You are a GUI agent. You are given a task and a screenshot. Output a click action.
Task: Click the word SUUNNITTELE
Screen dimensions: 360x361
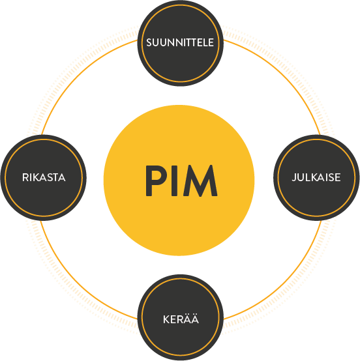pos(180,42)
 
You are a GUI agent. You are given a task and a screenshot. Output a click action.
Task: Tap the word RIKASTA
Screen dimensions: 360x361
pos(44,177)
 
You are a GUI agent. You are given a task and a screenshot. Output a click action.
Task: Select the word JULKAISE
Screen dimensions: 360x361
pos(316,177)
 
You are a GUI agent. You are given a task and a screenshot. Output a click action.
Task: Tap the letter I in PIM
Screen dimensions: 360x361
pos(175,180)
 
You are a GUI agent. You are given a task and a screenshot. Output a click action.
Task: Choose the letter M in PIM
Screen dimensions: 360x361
pos(200,180)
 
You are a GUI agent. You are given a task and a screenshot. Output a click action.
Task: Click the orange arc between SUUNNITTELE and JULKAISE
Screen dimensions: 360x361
pos(279,79)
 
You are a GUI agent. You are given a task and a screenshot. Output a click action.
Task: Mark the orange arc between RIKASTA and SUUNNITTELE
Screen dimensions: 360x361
pos(82,79)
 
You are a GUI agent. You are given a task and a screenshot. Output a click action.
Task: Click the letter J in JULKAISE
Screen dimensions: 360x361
pos(294,178)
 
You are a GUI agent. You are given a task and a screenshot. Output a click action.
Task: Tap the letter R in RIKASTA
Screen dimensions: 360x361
pos(25,177)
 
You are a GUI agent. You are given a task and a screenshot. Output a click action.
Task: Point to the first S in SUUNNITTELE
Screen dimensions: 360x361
pos(149,42)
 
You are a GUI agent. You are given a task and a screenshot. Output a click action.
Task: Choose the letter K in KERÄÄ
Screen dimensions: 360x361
pos(166,319)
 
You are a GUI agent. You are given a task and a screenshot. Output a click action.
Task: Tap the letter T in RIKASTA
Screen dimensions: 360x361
pos(56,177)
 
